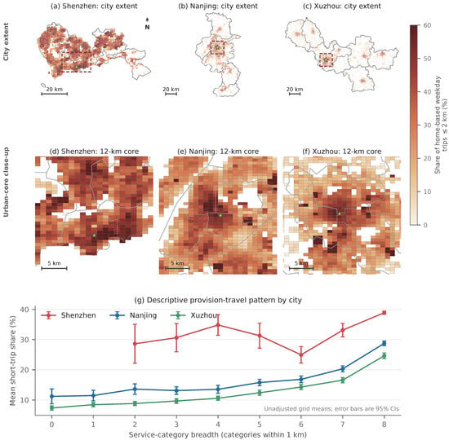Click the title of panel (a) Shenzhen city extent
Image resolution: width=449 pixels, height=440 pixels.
tap(94, 6)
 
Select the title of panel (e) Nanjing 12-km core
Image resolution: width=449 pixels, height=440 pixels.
tap(218, 152)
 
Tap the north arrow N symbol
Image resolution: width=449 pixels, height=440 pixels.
tap(147, 24)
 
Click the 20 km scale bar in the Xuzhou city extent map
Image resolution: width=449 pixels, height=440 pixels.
tap(295, 94)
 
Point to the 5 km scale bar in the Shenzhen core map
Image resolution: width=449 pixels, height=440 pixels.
tap(54, 268)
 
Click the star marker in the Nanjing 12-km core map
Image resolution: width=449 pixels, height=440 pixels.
tap(220, 215)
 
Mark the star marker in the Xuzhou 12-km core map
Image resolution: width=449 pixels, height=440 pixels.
tap(340, 213)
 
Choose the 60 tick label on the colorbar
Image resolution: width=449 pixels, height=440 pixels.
tap(427, 25)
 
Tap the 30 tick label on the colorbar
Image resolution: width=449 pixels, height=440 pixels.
tap(427, 125)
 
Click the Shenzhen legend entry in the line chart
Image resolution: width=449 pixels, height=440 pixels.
tap(69, 315)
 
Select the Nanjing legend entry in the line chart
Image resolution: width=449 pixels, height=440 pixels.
tap(133, 315)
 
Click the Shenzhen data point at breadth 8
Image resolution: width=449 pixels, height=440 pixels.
tap(385, 313)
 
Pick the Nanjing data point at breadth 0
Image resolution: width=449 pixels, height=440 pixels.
tap(51, 396)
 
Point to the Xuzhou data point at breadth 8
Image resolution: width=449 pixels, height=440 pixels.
tap(385, 356)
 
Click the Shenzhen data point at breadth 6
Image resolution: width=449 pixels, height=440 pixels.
tap(301, 354)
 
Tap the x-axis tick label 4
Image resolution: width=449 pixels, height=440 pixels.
tap(218, 424)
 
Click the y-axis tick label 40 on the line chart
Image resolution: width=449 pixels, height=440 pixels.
tap(24, 310)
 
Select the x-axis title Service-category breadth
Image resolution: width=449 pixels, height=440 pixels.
tap(218, 435)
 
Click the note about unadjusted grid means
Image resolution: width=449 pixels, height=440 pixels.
tap(331, 409)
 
